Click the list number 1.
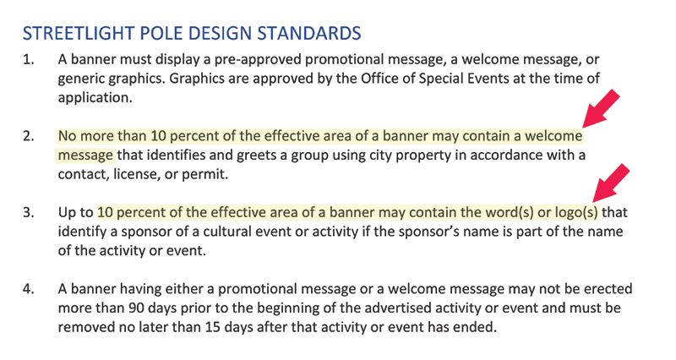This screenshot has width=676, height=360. pyautogui.click(x=29, y=59)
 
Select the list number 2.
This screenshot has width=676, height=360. pyautogui.click(x=29, y=136)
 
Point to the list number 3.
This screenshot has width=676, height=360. pyautogui.click(x=29, y=213)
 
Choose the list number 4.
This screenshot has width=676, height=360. pyautogui.click(x=29, y=289)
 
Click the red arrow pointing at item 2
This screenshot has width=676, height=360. pyautogui.click(x=601, y=109)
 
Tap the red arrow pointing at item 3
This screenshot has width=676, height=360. pyautogui.click(x=611, y=183)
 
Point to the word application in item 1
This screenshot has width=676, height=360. pyautogui.click(x=95, y=98)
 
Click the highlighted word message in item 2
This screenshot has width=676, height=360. pyautogui.click(x=85, y=155)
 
